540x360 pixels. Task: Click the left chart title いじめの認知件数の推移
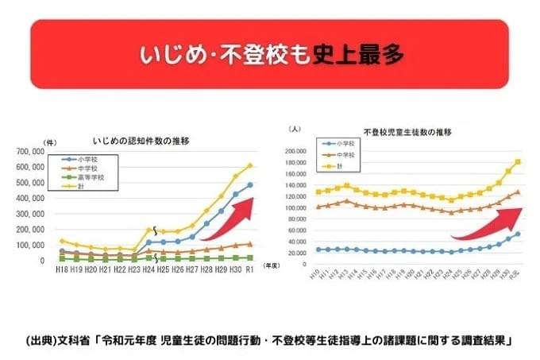(x=145, y=141)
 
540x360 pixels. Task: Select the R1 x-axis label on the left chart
(x=249, y=270)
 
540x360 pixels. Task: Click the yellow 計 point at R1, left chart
(x=249, y=166)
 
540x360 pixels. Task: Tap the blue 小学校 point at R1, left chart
(x=249, y=184)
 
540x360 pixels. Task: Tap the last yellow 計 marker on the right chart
(x=519, y=162)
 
